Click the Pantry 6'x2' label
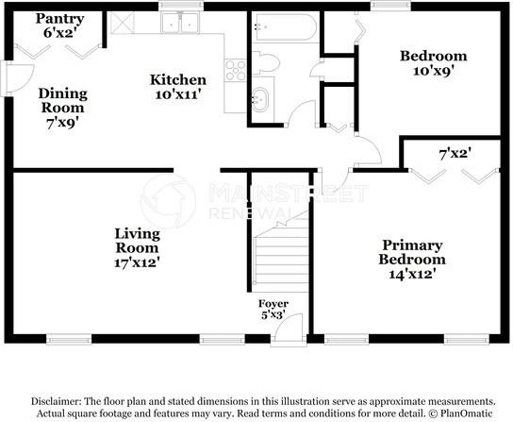[60, 25]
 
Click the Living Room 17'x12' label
[137, 247]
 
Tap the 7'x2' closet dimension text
[455, 152]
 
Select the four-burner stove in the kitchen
[235, 69]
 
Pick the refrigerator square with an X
[122, 23]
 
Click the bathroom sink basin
[260, 97]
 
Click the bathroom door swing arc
[300, 113]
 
